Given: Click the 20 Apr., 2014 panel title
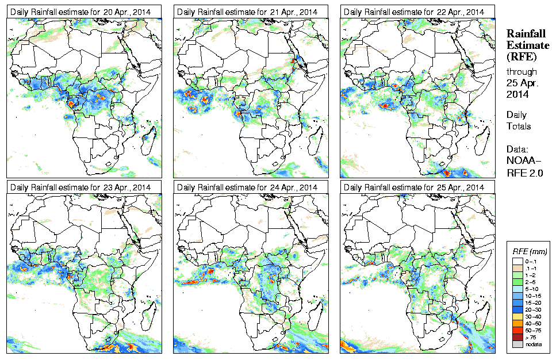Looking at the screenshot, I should click(x=84, y=12).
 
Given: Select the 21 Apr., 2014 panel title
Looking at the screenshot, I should click(x=251, y=12).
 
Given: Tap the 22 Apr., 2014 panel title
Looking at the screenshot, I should click(x=417, y=12).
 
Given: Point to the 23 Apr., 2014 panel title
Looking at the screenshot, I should click(x=84, y=187).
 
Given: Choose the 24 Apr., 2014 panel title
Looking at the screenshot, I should click(x=251, y=187).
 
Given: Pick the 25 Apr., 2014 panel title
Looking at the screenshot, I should click(x=417, y=187).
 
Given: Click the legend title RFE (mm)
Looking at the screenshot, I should click(x=530, y=251).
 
